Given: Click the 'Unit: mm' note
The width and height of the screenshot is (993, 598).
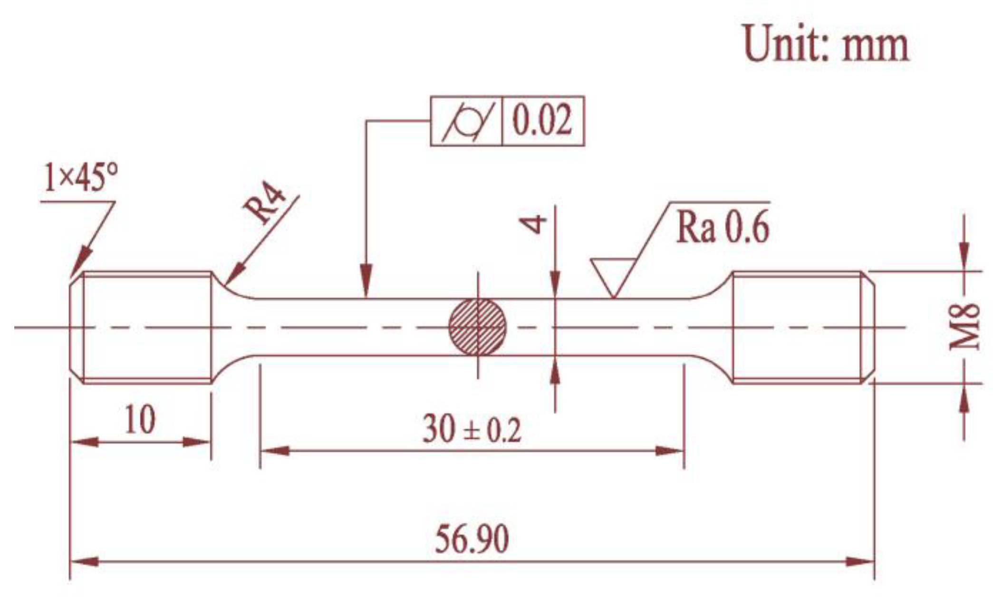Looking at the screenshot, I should click(826, 44).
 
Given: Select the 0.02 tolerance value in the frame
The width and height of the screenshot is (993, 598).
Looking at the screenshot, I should click(542, 121).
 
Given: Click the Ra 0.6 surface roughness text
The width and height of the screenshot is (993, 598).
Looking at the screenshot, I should click(723, 228).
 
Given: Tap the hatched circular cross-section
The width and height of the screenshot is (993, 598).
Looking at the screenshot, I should click(478, 327).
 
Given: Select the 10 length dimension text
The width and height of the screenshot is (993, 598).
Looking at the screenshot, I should click(139, 420).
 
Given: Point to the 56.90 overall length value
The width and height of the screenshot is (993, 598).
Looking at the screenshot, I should click(472, 539).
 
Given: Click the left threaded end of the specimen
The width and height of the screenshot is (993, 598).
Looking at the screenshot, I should click(143, 327).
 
